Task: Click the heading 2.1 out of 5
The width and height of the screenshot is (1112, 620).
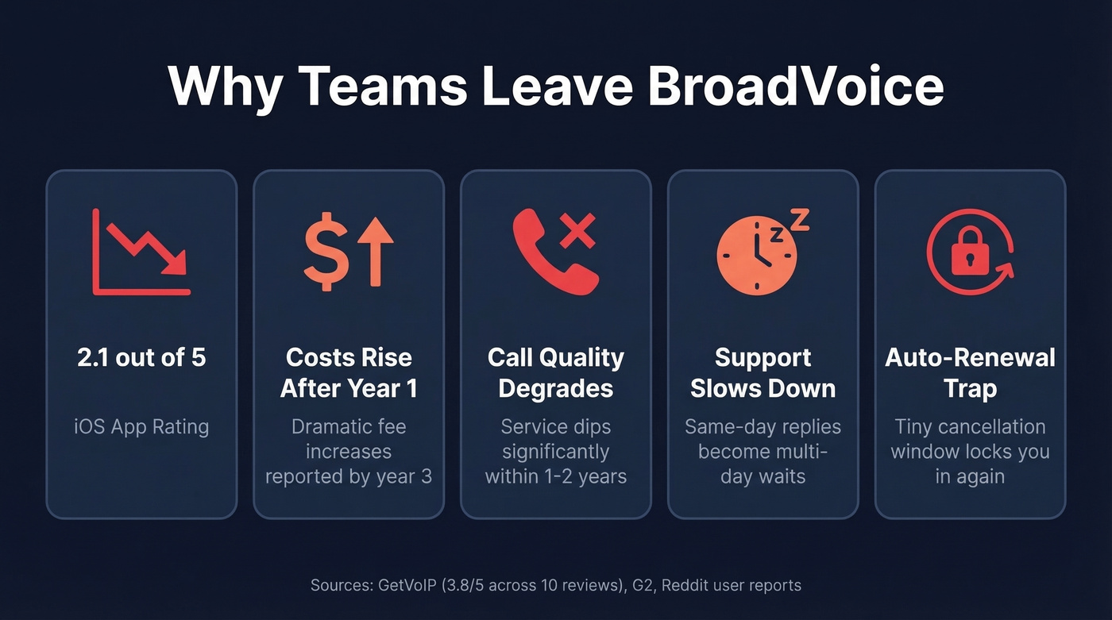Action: pyautogui.click(x=141, y=357)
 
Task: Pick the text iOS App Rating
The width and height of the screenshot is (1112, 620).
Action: pyautogui.click(x=141, y=426)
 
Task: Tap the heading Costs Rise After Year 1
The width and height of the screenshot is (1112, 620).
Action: pyautogui.click(x=349, y=372)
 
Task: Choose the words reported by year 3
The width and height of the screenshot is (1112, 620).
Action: pyautogui.click(x=349, y=476)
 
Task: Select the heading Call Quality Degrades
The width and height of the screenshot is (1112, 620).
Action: pyautogui.click(x=556, y=372)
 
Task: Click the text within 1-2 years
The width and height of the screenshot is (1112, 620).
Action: pyautogui.click(x=556, y=476)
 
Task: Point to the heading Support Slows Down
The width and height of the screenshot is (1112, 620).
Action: pyautogui.click(x=763, y=372)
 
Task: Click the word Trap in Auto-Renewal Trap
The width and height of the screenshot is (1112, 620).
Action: pyautogui.click(x=970, y=388)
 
